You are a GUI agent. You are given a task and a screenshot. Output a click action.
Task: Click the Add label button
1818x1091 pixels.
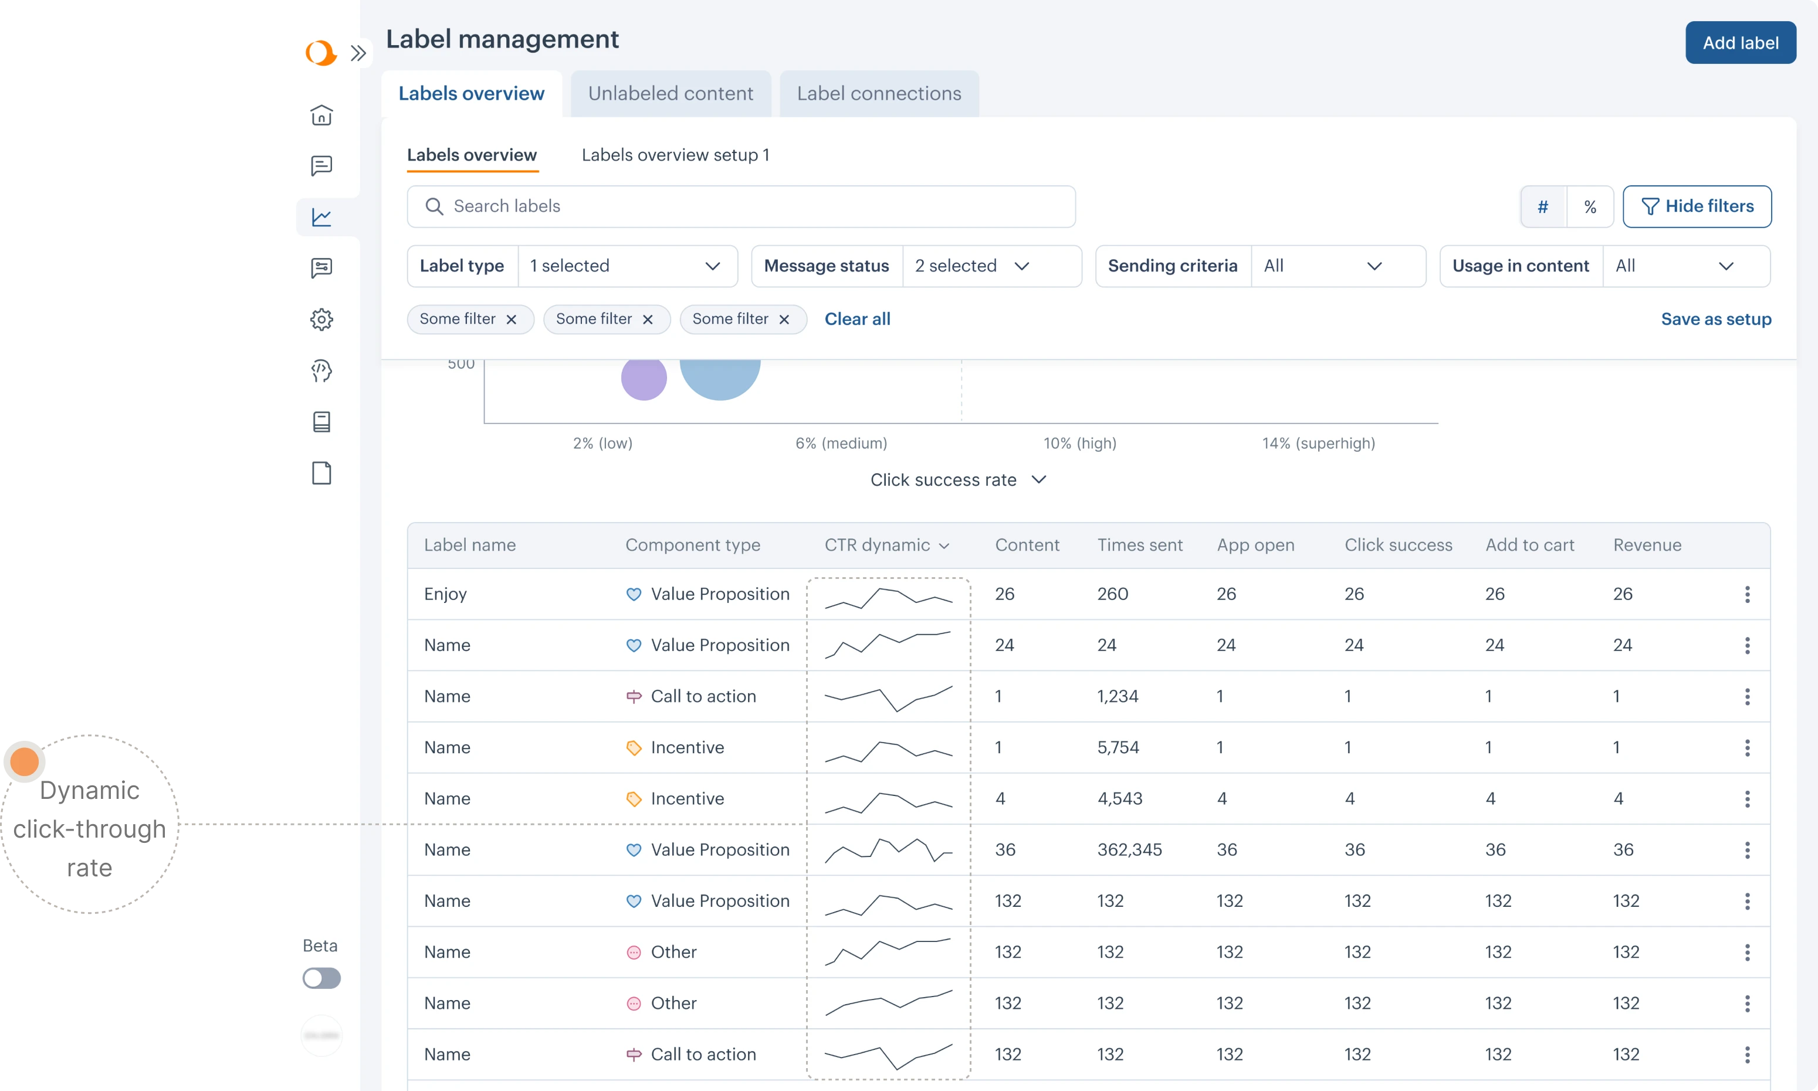(x=1739, y=43)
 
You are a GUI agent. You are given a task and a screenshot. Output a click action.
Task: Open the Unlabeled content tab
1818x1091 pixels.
(x=670, y=93)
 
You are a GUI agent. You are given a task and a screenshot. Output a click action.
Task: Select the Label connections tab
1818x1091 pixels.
(x=878, y=93)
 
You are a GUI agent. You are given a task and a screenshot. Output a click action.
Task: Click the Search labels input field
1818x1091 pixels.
(x=740, y=206)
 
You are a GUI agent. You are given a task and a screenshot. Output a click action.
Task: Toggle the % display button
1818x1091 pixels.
(x=1589, y=206)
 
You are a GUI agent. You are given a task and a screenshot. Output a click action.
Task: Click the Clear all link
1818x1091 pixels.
(x=856, y=319)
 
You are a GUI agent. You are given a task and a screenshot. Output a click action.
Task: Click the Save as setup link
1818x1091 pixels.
(x=1715, y=319)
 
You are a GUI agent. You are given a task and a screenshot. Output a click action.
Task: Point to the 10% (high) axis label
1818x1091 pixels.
(x=1079, y=443)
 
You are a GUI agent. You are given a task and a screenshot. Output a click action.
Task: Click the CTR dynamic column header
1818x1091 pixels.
(x=886, y=545)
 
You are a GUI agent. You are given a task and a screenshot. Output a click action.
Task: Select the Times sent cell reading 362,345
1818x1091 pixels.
(x=1129, y=850)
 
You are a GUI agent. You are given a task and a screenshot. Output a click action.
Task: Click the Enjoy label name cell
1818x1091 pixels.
(x=445, y=594)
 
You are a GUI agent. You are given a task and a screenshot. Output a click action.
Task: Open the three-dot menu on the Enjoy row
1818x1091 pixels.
(x=1746, y=594)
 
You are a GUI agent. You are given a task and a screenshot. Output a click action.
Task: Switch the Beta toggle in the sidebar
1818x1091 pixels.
(x=321, y=978)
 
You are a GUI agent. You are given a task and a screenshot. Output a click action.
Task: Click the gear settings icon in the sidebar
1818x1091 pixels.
(x=321, y=319)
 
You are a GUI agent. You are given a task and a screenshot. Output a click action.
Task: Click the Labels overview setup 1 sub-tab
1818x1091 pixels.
(x=675, y=155)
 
